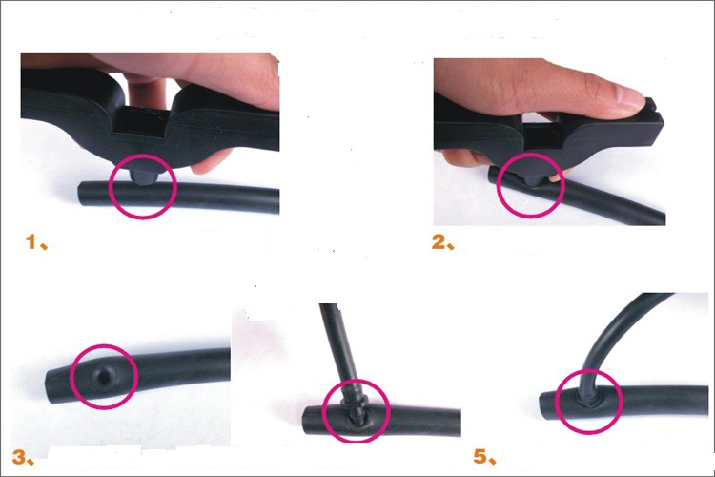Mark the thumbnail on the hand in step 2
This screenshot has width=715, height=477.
point(630,96)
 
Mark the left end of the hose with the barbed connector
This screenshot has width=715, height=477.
point(304,419)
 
